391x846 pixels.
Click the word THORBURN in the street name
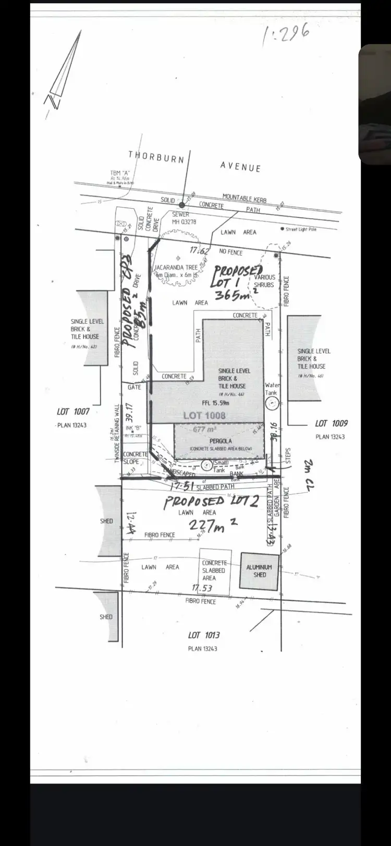[156, 156]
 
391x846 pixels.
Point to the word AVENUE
[240, 167]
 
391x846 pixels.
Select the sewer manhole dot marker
[182, 198]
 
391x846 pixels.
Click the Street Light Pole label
[301, 229]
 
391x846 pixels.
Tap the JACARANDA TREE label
[176, 267]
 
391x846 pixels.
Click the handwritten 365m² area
[234, 295]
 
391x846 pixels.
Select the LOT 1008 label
[204, 415]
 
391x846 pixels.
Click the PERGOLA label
[221, 440]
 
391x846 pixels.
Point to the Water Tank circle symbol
[275, 402]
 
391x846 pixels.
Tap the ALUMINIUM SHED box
[259, 571]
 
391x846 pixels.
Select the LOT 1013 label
[204, 635]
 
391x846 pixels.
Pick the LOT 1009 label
[331, 423]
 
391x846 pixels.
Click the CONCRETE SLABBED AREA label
[214, 570]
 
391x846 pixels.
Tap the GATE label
[134, 387]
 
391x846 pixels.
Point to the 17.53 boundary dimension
[202, 588]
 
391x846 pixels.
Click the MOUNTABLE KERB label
[245, 198]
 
